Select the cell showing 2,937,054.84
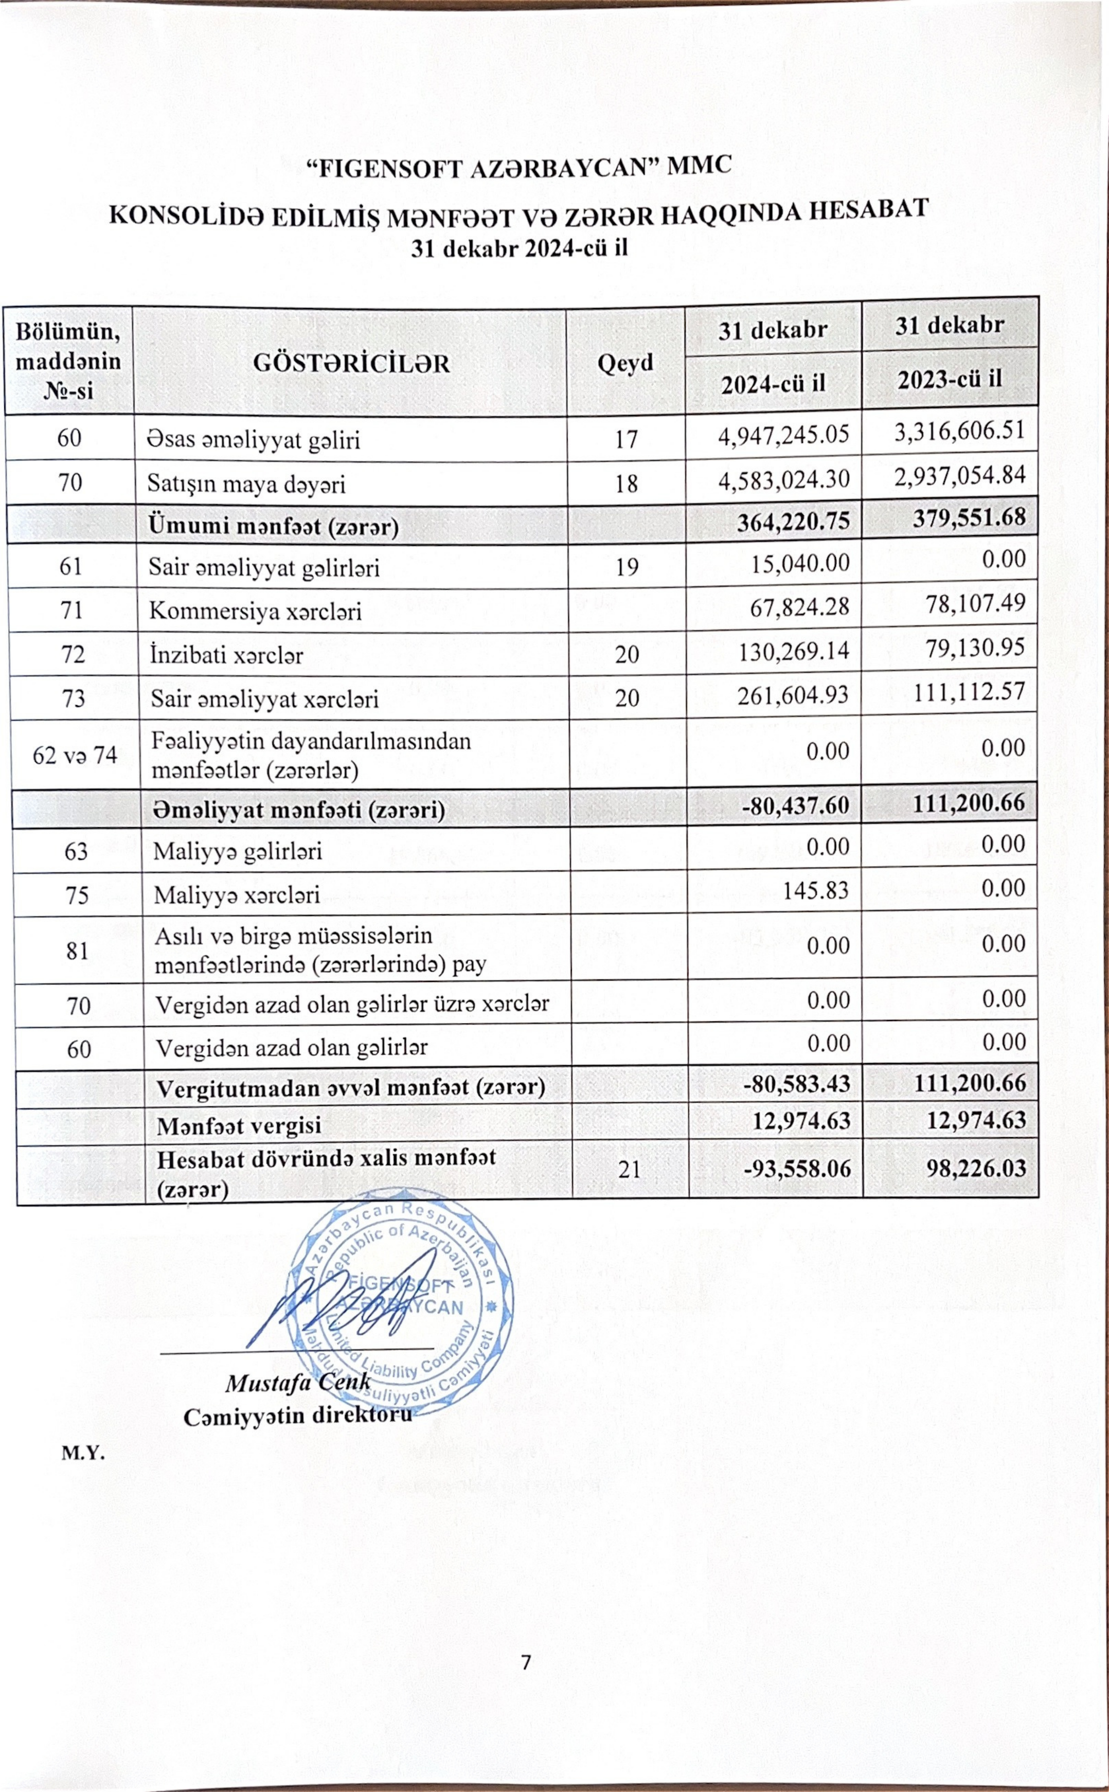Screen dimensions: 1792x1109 coord(959,477)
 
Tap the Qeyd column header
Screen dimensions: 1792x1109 coord(625,362)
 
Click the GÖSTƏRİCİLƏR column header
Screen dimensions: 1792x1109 coord(351,362)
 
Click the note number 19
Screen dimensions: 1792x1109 coord(627,567)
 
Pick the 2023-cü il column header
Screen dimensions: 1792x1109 coord(950,379)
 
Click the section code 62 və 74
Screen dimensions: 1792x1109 coord(75,755)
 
